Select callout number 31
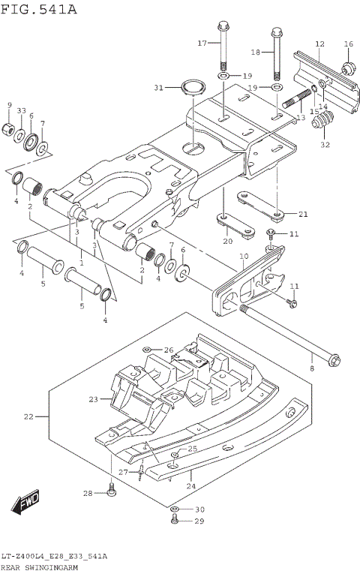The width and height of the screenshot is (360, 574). tap(158, 88)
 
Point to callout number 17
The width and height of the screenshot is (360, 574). tap(202, 44)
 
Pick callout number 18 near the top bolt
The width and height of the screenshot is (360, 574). tap(254, 52)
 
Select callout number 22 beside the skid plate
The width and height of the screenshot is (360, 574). tap(28, 416)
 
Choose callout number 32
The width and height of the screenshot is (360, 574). tap(325, 145)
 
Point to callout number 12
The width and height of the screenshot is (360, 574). tap(319, 44)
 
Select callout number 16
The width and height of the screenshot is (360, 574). tap(348, 44)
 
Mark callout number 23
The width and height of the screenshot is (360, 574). tap(94, 399)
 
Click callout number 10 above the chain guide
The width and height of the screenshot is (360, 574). tap(243, 257)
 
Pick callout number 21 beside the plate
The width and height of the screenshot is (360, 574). tap(302, 214)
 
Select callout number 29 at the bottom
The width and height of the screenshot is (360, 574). tap(199, 521)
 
